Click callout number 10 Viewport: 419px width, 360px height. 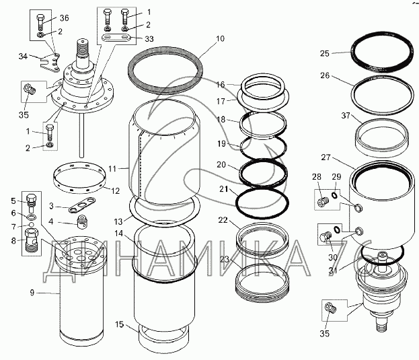pyautogui.click(x=220, y=39)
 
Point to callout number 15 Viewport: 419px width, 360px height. pyautogui.click(x=120, y=324)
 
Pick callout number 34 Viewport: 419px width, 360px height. pyautogui.click(x=22, y=56)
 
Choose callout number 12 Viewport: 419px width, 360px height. pyautogui.click(x=115, y=190)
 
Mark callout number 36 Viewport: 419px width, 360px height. pyautogui.click(x=64, y=17)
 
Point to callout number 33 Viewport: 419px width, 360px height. pyautogui.click(x=149, y=38)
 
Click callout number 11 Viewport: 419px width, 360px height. pyautogui.click(x=113, y=167)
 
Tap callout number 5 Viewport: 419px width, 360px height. pyautogui.click(x=13, y=201)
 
